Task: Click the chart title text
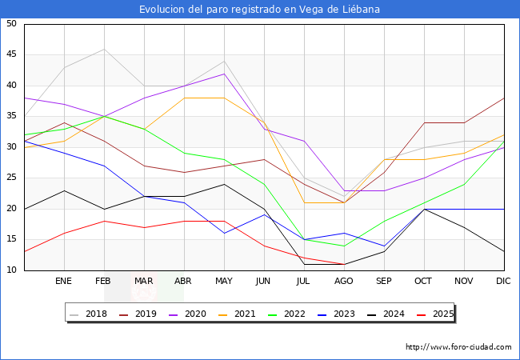(259, 9)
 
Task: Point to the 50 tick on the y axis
(10, 24)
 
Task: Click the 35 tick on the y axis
(10, 117)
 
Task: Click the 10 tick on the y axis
(10, 270)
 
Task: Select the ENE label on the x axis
(64, 282)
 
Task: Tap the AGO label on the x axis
(344, 282)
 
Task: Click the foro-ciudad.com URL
(458, 347)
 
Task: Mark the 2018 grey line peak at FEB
(104, 49)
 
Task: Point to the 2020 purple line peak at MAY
(224, 74)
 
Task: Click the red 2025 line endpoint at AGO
(344, 264)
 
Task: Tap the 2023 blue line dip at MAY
(224, 234)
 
